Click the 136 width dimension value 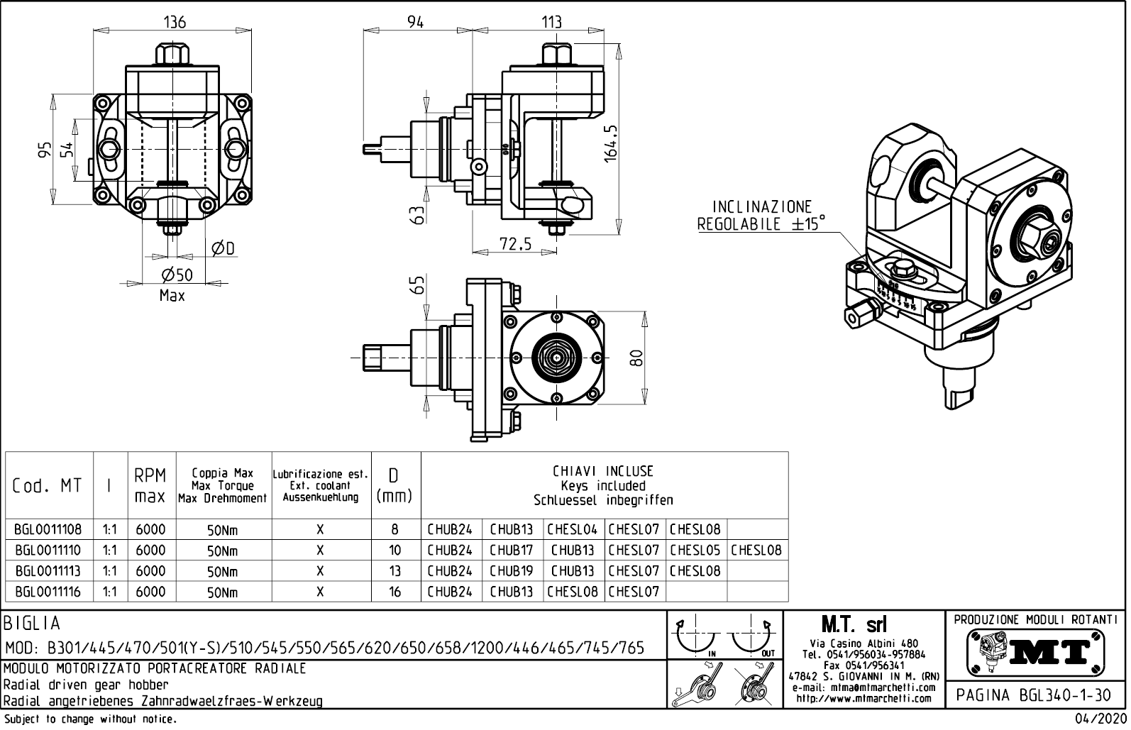click(174, 22)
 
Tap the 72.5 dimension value click(515, 244)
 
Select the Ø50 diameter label click(177, 275)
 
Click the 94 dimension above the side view click(415, 22)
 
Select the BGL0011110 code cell click(48, 550)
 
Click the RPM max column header click(150, 485)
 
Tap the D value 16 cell click(395, 592)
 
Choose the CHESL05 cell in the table click(695, 550)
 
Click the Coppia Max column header click(223, 485)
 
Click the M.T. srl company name click(854, 624)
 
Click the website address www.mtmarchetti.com click(864, 698)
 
